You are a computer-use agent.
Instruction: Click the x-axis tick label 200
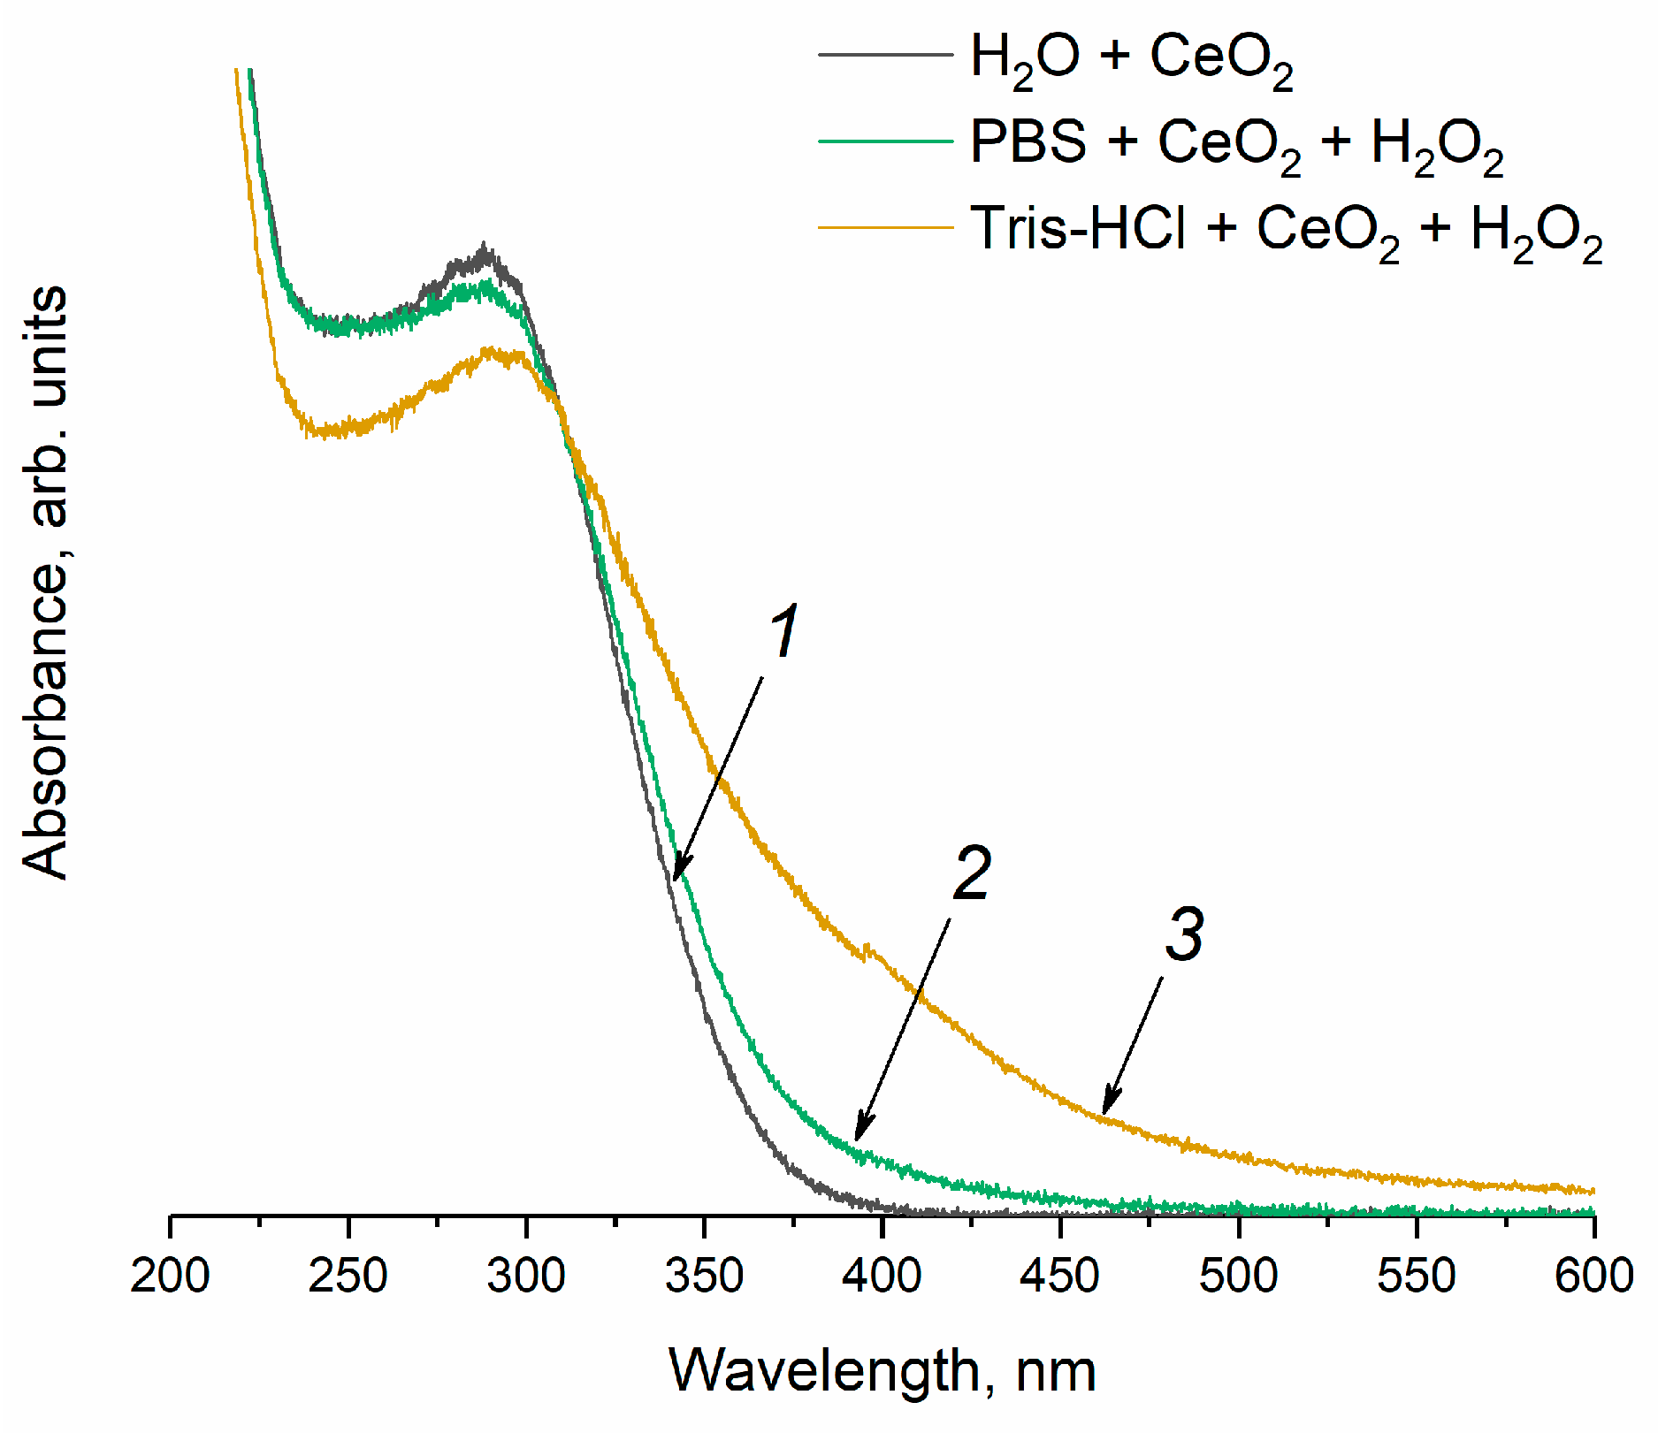click(x=170, y=1277)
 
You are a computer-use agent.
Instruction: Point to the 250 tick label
click(x=348, y=1277)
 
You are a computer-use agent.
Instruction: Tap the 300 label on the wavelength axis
click(x=526, y=1277)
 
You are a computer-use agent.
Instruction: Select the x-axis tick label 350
click(x=704, y=1277)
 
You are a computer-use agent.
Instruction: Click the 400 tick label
click(x=882, y=1277)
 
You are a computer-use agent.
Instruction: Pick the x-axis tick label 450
click(x=1059, y=1277)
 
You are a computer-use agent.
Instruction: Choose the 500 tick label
click(x=1238, y=1277)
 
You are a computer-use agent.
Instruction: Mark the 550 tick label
click(x=1417, y=1277)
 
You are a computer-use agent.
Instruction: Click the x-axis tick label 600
click(x=1594, y=1277)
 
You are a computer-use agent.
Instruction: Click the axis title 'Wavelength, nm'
click(x=882, y=1372)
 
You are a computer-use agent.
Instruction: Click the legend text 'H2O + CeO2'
click(x=1132, y=60)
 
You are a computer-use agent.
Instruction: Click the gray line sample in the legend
click(x=885, y=55)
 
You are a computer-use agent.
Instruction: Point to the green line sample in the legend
click(x=885, y=141)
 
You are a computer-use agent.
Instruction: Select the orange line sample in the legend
click(x=885, y=227)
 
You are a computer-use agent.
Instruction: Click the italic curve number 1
click(x=783, y=632)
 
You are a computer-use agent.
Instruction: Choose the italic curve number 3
click(x=1184, y=935)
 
